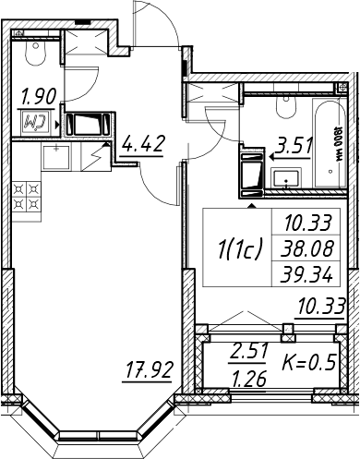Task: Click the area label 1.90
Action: pos(39,96)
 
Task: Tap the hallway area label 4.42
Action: pos(142,143)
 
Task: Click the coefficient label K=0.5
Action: pos(308,362)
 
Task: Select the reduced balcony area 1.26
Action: pos(249,380)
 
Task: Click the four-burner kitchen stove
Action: pos(27,197)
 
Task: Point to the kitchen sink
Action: pos(56,157)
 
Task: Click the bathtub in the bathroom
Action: pos(330,142)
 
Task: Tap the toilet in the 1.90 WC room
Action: pos(36,53)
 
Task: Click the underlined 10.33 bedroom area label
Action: pos(319,307)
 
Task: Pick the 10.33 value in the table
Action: pos(308,223)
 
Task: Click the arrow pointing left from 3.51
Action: pos(290,157)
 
